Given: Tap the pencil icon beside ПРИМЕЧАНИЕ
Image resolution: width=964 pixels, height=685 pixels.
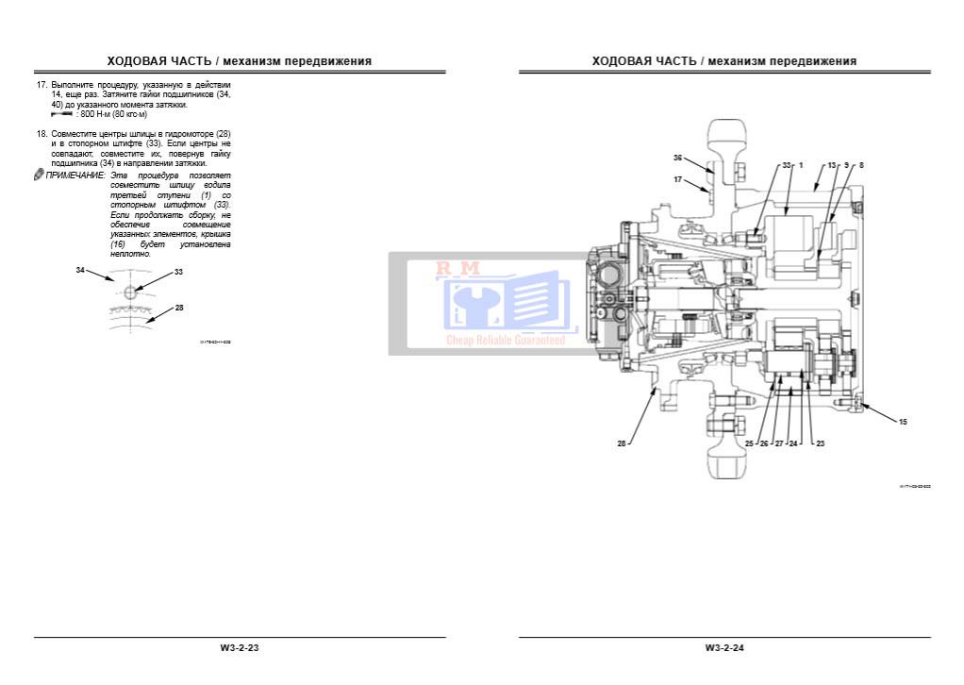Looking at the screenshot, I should (x=39, y=175).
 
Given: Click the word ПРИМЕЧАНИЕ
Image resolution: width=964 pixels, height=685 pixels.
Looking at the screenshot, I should (x=75, y=175).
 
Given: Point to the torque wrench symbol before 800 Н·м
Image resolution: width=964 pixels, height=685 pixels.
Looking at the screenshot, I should (x=63, y=114).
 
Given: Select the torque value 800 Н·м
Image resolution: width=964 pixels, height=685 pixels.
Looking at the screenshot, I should (x=95, y=114).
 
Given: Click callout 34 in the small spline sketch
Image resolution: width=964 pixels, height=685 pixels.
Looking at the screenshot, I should (x=80, y=270).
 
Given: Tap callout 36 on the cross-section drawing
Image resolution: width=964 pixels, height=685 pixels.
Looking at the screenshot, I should (x=677, y=158).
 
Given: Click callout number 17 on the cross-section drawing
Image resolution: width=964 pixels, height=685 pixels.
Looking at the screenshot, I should (x=677, y=178).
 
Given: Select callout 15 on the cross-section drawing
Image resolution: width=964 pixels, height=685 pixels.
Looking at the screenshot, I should (x=902, y=422).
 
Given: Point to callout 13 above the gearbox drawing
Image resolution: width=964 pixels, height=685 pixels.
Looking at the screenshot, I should (x=831, y=165).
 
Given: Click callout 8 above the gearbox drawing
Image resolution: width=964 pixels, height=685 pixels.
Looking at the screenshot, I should (x=860, y=165).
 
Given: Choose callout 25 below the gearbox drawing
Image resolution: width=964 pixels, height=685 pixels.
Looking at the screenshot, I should (x=749, y=443).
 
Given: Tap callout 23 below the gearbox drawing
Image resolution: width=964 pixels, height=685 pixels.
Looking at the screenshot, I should (x=820, y=443).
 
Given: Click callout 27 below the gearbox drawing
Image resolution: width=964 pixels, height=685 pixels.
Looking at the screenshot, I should (x=779, y=443).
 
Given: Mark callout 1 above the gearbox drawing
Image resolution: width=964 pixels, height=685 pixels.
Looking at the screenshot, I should (x=801, y=165).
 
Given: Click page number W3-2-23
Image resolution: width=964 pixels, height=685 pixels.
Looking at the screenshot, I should (x=239, y=648).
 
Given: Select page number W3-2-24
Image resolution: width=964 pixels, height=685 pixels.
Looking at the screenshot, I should (x=723, y=648).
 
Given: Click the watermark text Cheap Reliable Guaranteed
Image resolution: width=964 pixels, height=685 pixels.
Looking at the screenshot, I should (x=506, y=340).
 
